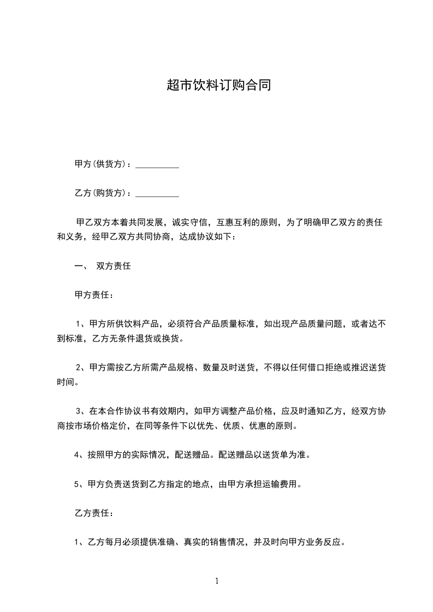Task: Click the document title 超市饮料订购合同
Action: pyautogui.click(x=217, y=86)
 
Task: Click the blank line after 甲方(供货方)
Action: pyautogui.click(x=157, y=164)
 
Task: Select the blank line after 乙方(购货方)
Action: pyautogui.click(x=157, y=194)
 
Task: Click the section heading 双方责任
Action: pyautogui.click(x=113, y=267)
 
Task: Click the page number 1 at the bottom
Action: pyautogui.click(x=217, y=581)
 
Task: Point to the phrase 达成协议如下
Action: pyautogui.click(x=205, y=237)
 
